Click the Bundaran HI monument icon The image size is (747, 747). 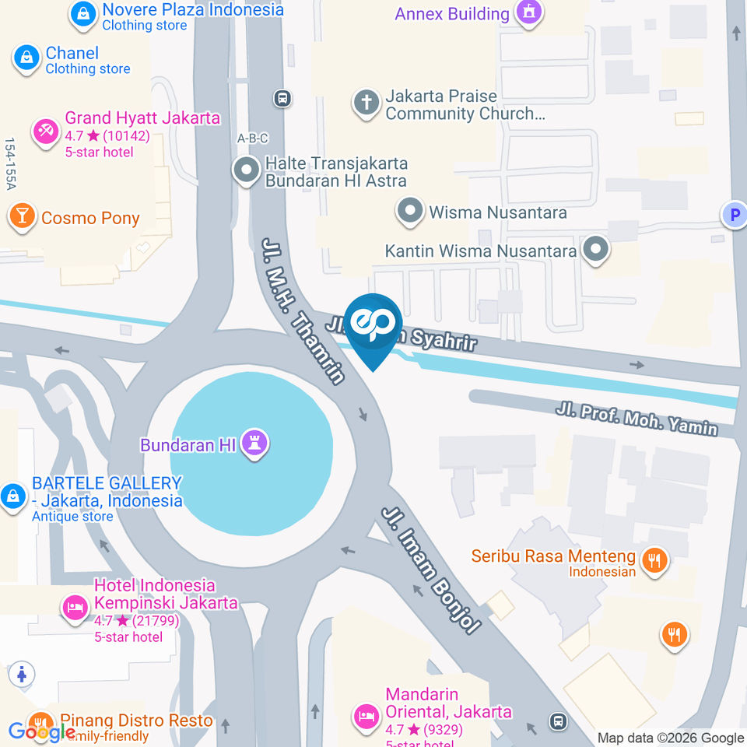coord(254,444)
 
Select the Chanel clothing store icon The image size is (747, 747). coord(26,59)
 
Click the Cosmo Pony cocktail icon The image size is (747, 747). coord(22,218)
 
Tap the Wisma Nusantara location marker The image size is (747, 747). coord(409,212)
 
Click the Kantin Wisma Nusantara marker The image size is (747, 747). coord(597,251)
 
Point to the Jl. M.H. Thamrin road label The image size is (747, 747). coord(303,310)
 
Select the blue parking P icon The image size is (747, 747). coord(733,215)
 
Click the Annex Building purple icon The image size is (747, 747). coord(529,13)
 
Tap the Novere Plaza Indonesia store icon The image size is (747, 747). coord(82,14)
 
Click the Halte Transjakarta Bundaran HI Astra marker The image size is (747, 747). coord(247,170)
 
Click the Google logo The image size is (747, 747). coord(42,731)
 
